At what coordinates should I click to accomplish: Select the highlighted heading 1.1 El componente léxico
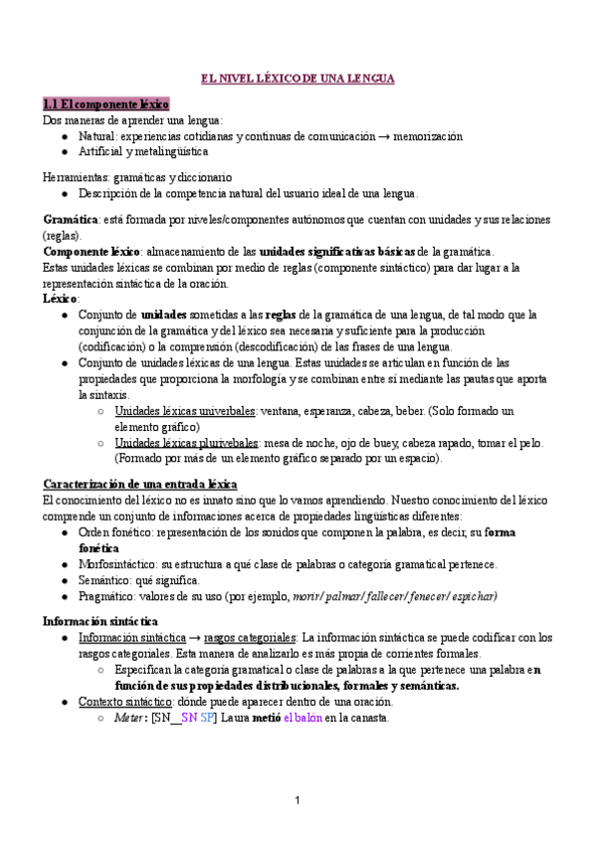click(x=106, y=104)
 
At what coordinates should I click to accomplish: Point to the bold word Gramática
click(x=70, y=219)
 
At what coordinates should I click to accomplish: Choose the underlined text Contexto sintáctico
click(x=124, y=702)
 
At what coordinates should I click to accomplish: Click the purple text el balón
click(x=303, y=718)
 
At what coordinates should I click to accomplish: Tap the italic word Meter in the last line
click(x=129, y=718)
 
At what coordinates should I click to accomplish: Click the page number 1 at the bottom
click(x=298, y=801)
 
